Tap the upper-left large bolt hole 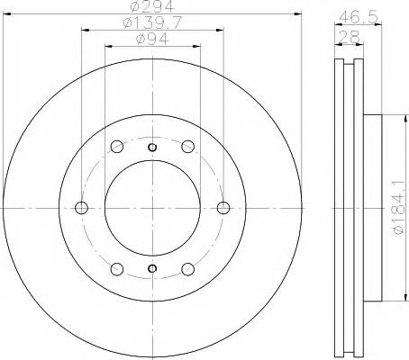(x=116, y=148)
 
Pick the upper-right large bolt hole (x=186, y=148)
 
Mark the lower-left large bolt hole (x=116, y=268)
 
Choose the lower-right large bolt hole (x=186, y=268)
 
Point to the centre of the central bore (x=151, y=208)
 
